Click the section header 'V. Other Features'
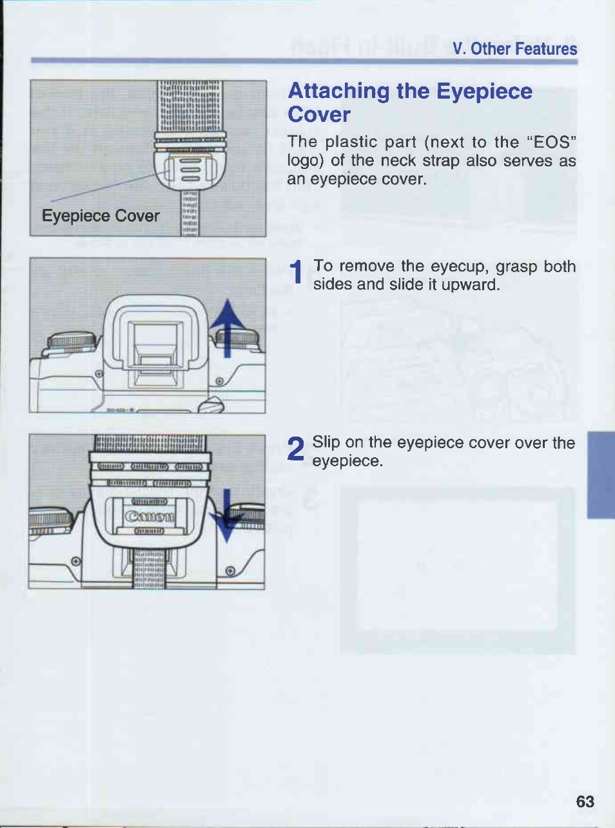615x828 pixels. click(x=514, y=49)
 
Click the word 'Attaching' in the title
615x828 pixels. click(x=338, y=92)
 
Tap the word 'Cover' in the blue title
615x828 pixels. click(x=319, y=115)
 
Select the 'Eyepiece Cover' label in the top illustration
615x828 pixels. click(x=101, y=216)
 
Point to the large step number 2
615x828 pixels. click(x=297, y=448)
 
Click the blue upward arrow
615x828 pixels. click(x=228, y=328)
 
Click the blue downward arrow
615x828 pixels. click(x=226, y=515)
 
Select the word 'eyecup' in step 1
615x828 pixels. click(x=460, y=267)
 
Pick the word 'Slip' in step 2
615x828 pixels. click(x=326, y=443)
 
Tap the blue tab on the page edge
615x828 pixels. click(x=601, y=475)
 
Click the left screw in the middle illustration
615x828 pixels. click(x=99, y=373)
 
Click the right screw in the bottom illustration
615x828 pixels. click(x=230, y=571)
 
